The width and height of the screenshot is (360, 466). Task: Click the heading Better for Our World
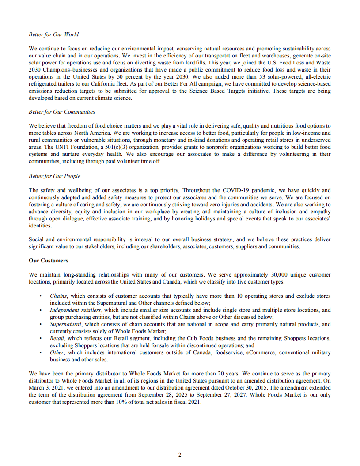click(x=53, y=34)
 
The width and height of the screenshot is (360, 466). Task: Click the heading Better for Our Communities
click(x=62, y=112)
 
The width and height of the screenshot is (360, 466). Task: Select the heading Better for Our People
click(x=54, y=176)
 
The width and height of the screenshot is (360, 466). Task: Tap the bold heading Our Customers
click(x=48, y=261)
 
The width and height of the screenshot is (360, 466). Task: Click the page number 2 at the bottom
click(x=180, y=455)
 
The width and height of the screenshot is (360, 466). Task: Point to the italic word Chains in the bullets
click(x=58, y=296)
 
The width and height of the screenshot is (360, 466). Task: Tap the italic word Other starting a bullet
click(x=57, y=352)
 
